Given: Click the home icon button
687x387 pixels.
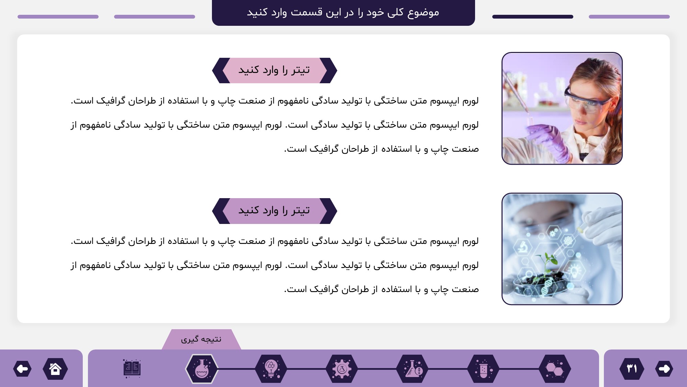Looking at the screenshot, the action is pos(55,369).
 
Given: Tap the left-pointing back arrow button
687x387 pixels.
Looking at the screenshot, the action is pos(23,369).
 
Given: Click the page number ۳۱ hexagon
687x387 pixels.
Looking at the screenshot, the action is pos(632,369).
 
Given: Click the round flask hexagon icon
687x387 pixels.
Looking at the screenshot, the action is pos(202,369).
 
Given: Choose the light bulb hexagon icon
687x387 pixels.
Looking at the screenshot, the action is pos(271,369).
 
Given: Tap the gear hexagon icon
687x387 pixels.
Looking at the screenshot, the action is pos(341,369).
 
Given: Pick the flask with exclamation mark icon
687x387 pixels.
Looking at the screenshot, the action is pos(413,369).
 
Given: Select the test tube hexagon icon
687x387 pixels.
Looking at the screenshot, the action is pos(484,369).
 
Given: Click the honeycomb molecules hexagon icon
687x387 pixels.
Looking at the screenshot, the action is pos(555,369).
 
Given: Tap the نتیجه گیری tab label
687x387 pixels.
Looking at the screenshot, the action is pos(201,340).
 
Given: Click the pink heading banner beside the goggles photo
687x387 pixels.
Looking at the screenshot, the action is pos(274,71).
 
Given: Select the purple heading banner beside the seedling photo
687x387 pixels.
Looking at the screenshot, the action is pos(274,211).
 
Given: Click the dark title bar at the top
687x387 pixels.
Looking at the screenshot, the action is pos(343,13).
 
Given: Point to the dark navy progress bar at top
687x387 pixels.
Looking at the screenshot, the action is pos(533,17).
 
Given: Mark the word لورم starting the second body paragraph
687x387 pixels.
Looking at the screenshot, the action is pos(470,241).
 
